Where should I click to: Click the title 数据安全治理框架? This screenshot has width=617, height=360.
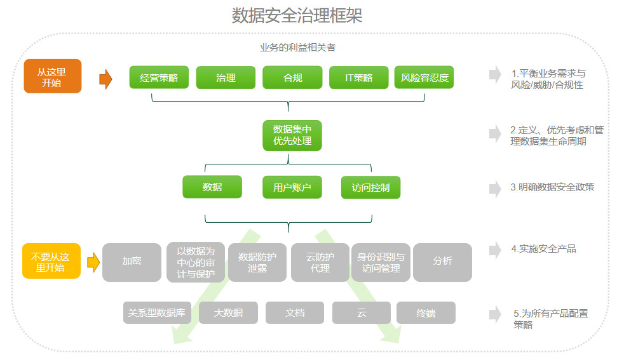297,15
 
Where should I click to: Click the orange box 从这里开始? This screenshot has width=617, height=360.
53,76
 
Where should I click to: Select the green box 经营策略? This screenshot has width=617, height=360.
159,77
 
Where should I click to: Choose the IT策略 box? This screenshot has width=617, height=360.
358,77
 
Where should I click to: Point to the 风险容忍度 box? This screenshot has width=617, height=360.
424,77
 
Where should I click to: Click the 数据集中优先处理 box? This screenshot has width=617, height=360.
292,135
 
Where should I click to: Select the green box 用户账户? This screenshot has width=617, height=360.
292,187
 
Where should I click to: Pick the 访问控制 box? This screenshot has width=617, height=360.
370,187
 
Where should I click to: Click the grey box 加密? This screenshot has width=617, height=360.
132,262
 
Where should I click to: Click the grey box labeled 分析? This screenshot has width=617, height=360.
442,262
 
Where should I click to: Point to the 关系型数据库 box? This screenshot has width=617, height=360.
156,312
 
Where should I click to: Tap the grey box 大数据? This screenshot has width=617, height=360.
228,312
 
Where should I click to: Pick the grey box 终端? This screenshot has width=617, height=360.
426,312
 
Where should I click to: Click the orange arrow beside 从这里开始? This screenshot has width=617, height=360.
105,79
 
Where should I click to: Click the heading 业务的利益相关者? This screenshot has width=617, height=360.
297,48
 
